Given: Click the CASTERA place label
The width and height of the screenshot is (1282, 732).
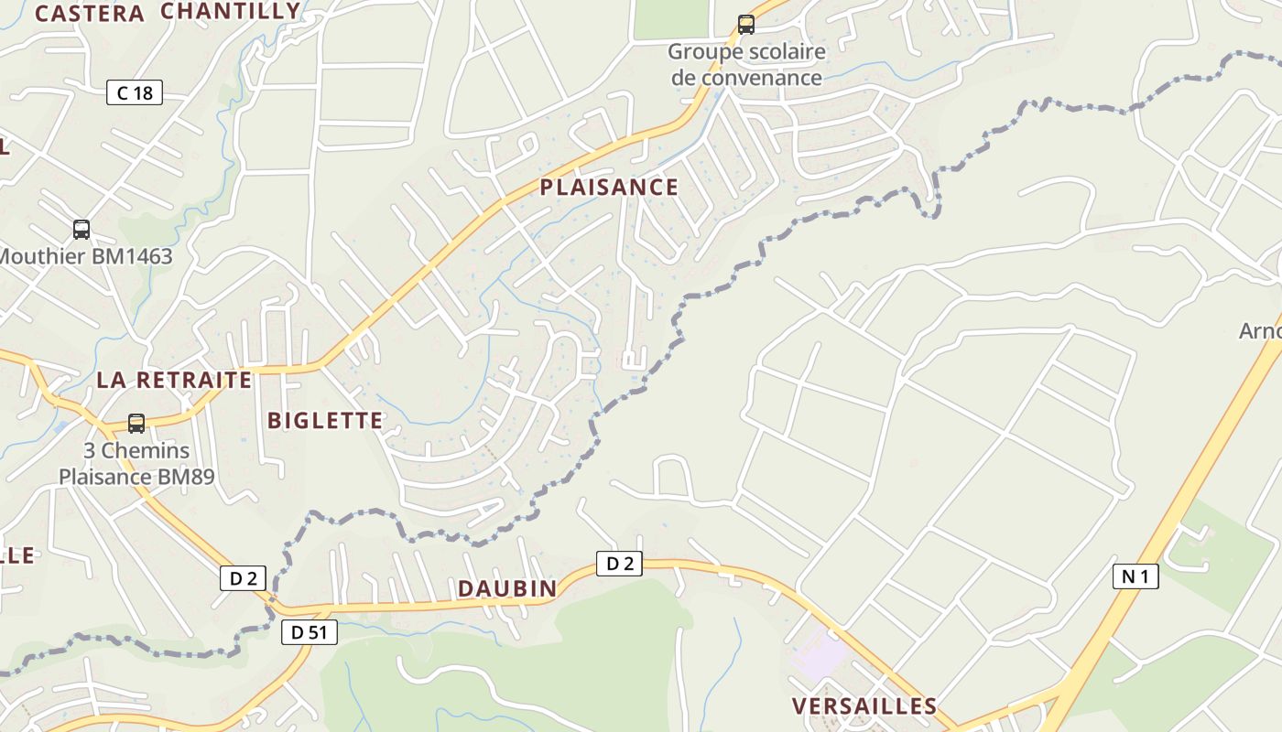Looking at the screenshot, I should (x=90, y=14).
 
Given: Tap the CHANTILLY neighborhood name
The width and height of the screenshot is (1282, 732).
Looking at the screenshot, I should (x=230, y=11).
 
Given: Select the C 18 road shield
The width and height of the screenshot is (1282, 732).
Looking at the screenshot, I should (x=135, y=92).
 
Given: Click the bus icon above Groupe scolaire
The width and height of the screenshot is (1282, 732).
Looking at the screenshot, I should (x=746, y=25).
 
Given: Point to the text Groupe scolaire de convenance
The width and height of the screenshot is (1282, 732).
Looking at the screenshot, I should (x=746, y=65).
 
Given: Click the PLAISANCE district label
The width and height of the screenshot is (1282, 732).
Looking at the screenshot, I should (x=609, y=188).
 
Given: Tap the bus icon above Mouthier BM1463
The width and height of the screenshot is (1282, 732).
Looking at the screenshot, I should (x=81, y=229).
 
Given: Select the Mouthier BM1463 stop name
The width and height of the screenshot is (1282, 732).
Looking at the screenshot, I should (x=85, y=256).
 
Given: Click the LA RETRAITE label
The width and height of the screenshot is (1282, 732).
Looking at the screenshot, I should (x=174, y=380).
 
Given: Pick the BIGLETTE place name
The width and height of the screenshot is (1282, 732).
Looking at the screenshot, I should (x=325, y=421).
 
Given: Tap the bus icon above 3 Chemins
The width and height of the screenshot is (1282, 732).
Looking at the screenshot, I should (x=136, y=423).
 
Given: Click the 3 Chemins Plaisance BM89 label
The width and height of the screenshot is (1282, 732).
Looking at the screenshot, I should (x=136, y=463).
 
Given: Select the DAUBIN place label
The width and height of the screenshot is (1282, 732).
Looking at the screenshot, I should (x=507, y=588).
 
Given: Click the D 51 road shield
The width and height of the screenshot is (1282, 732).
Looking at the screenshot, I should (x=310, y=631).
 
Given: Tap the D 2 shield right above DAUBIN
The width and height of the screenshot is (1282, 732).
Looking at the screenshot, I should (x=620, y=564).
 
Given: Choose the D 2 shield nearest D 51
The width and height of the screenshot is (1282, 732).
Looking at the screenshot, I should (x=243, y=578).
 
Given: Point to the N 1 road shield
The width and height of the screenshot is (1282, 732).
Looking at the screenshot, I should (x=1136, y=576).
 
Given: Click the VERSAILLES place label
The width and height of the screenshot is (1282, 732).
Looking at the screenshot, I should (x=864, y=706).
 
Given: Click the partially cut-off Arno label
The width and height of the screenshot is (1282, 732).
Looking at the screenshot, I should (x=1261, y=330).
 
